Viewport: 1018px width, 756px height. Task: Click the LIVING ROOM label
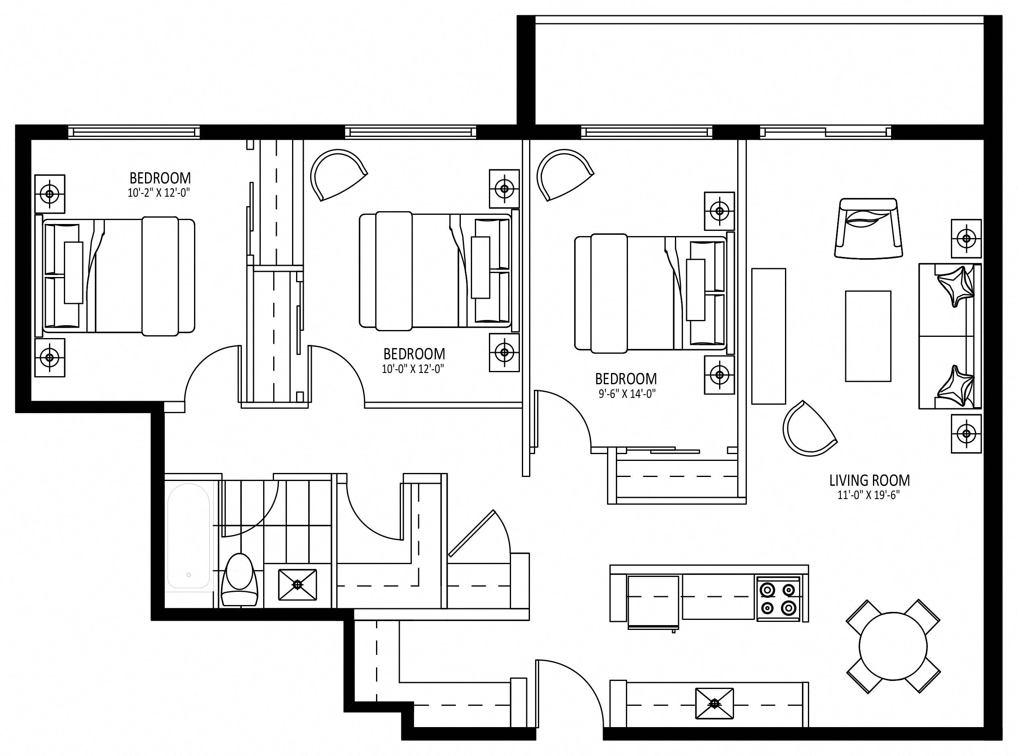[869, 481]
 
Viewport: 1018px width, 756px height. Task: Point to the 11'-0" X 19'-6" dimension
[868, 495]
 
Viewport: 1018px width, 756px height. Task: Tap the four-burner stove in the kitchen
[778, 599]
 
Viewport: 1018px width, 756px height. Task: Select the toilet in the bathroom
[239, 579]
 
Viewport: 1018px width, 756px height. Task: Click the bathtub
[189, 536]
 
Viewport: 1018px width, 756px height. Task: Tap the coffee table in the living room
[868, 336]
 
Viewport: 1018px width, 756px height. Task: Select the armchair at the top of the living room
[868, 228]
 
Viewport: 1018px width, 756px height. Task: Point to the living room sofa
[950, 336]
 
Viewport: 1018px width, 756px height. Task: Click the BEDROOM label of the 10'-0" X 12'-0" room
[414, 354]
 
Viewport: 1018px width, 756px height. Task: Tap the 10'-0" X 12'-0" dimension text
[413, 369]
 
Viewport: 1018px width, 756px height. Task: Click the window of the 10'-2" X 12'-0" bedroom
[134, 132]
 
